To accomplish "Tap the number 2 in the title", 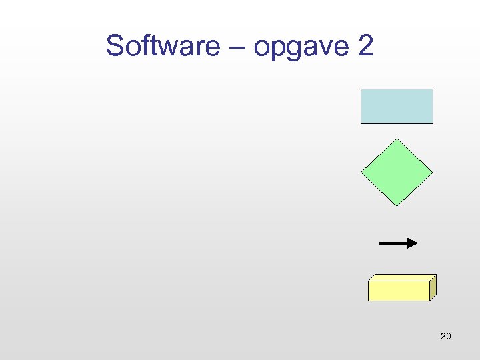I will click(x=365, y=47).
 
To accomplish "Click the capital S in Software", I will click(x=115, y=47).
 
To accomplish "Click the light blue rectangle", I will click(x=397, y=106).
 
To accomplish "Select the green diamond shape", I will click(x=397, y=172).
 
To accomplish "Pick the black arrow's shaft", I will click(x=393, y=243).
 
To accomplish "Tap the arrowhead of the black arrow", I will click(x=413, y=243).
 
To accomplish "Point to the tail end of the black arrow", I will click(x=381, y=243).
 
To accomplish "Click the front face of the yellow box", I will click(x=399, y=291).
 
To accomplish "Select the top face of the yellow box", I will click(x=403, y=277).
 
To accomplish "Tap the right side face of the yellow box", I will click(x=433, y=287).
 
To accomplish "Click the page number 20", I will click(x=446, y=336).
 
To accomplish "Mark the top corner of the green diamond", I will click(x=397, y=139).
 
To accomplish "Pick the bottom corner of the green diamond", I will click(x=397, y=205).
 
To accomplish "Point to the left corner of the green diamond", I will click(x=362, y=172).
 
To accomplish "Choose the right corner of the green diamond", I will click(x=432, y=172).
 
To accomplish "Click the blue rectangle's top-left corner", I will click(x=361, y=89).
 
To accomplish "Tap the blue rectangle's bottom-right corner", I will click(x=432, y=123).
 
